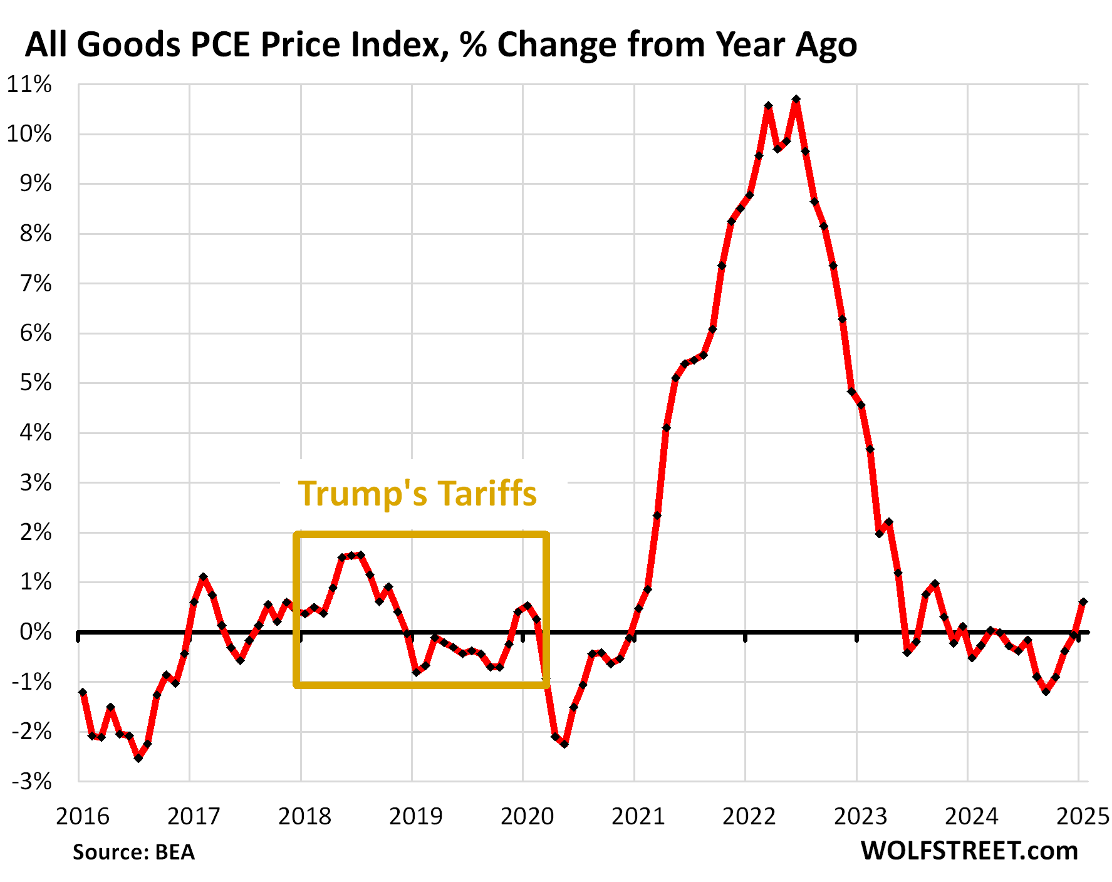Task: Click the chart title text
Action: tap(440, 45)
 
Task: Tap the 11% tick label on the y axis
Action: tap(29, 85)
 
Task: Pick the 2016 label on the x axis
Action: tap(82, 817)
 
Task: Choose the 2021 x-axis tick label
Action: tap(638, 817)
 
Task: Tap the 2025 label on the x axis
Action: tap(1083, 817)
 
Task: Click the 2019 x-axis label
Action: tap(415, 817)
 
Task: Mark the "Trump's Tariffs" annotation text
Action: tap(417, 494)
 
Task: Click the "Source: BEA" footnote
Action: tap(133, 853)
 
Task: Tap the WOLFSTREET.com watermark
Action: tap(969, 851)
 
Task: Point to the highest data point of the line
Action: tap(796, 100)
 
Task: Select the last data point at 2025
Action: tap(1083, 602)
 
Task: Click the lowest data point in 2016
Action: tap(138, 758)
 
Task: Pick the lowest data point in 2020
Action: tap(564, 744)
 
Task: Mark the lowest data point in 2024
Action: tap(1046, 692)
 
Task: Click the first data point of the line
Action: tap(83, 692)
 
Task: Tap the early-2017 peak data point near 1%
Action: tap(203, 577)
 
